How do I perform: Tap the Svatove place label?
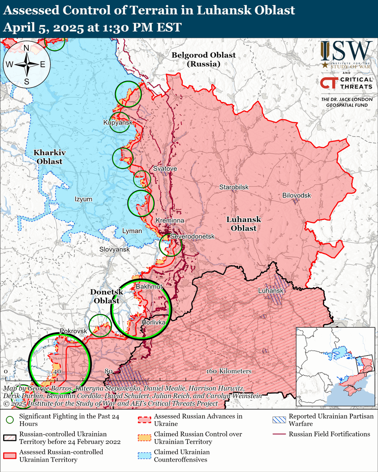(x=165, y=169)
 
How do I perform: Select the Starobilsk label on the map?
(x=234, y=187)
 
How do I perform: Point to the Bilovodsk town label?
(x=296, y=195)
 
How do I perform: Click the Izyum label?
(x=83, y=199)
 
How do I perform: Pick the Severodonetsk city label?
(x=192, y=236)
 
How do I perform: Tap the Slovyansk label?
(x=115, y=250)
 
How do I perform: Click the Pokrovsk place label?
(x=73, y=331)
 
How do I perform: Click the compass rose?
(x=27, y=65)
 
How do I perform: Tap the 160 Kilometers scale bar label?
(x=228, y=371)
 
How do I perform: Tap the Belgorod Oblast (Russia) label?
(x=204, y=59)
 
